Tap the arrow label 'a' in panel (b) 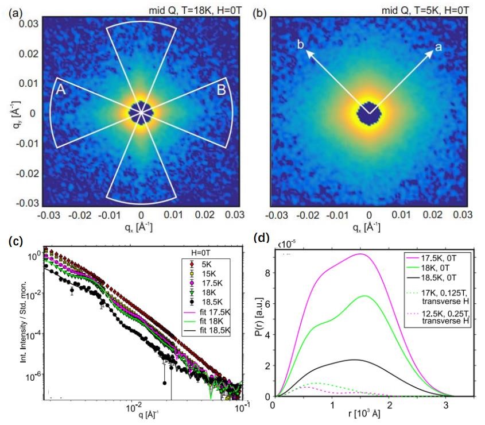click(439, 47)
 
